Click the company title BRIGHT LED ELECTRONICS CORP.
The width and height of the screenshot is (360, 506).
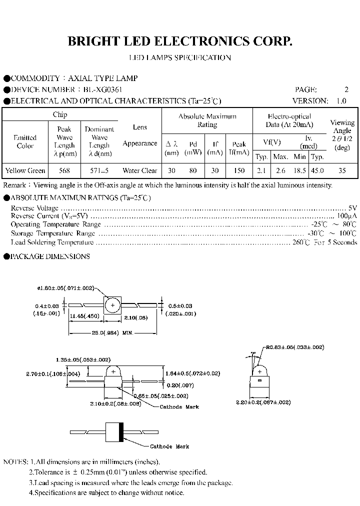tap(180, 41)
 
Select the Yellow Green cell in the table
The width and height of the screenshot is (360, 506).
tap(25, 171)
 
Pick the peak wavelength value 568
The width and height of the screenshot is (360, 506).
tap(64, 171)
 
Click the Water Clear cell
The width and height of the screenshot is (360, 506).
tap(140, 171)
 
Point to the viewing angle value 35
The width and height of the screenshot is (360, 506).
tap(342, 171)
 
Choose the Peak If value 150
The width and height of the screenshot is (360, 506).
tap(239, 171)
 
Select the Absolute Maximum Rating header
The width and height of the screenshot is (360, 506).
tap(207, 120)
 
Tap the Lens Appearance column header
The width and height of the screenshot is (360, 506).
tap(140, 135)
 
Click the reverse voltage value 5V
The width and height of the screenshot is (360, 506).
tap(352, 208)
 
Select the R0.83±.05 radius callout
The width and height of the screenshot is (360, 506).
tap(295, 347)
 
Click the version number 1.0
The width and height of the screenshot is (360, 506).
tap(341, 100)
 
